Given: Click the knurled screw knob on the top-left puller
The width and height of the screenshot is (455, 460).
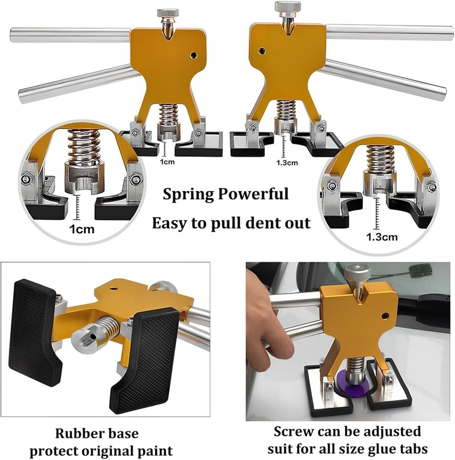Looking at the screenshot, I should [168, 13].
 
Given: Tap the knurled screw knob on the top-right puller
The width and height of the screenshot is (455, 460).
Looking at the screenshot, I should [287, 7].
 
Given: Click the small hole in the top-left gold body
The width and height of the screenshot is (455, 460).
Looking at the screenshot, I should [193, 55].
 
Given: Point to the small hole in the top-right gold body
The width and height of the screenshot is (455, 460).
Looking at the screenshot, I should [262, 51].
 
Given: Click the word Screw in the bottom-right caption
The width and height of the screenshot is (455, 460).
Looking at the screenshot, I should [295, 432].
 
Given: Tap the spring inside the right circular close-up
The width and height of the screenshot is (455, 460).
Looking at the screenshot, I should [380, 159].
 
